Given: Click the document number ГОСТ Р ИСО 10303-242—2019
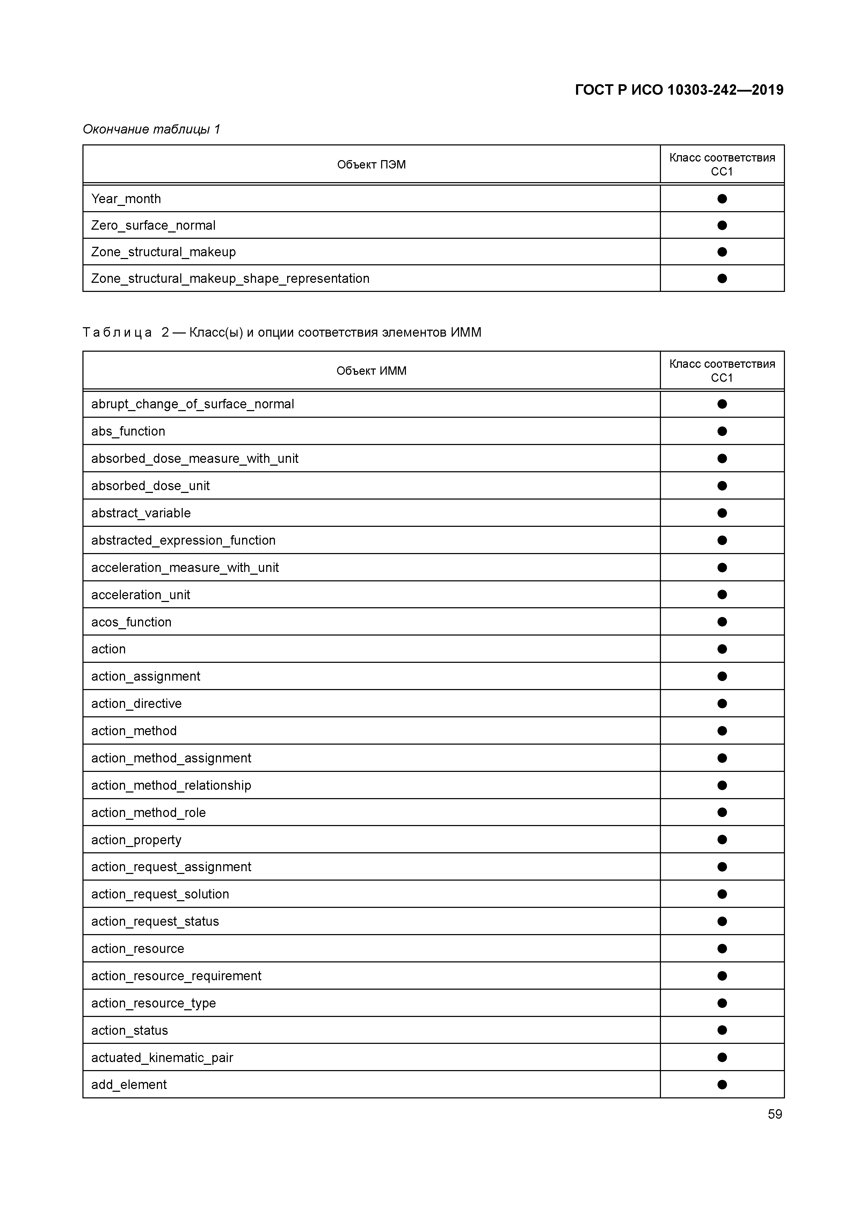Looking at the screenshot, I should coord(679,90).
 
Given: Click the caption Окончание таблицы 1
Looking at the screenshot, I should coord(152,129).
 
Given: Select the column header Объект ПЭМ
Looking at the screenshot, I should coord(371,164).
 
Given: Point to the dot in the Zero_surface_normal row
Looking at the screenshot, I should coord(722,225).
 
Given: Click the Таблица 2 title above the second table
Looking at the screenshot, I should coord(282,333).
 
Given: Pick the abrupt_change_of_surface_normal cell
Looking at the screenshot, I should coord(192,404).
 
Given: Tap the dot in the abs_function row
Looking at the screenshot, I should coord(722,431).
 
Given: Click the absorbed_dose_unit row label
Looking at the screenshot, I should coord(151,486).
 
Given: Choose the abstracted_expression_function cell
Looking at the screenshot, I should coord(183,540).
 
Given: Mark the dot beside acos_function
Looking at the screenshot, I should coord(722,622).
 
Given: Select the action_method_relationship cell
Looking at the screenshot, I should coord(171,786).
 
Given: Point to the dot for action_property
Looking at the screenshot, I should coord(722,840).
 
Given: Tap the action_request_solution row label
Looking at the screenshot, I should coord(160,894).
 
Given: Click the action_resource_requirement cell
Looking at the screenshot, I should coord(176,976).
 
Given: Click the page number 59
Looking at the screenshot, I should coord(775,1114).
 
